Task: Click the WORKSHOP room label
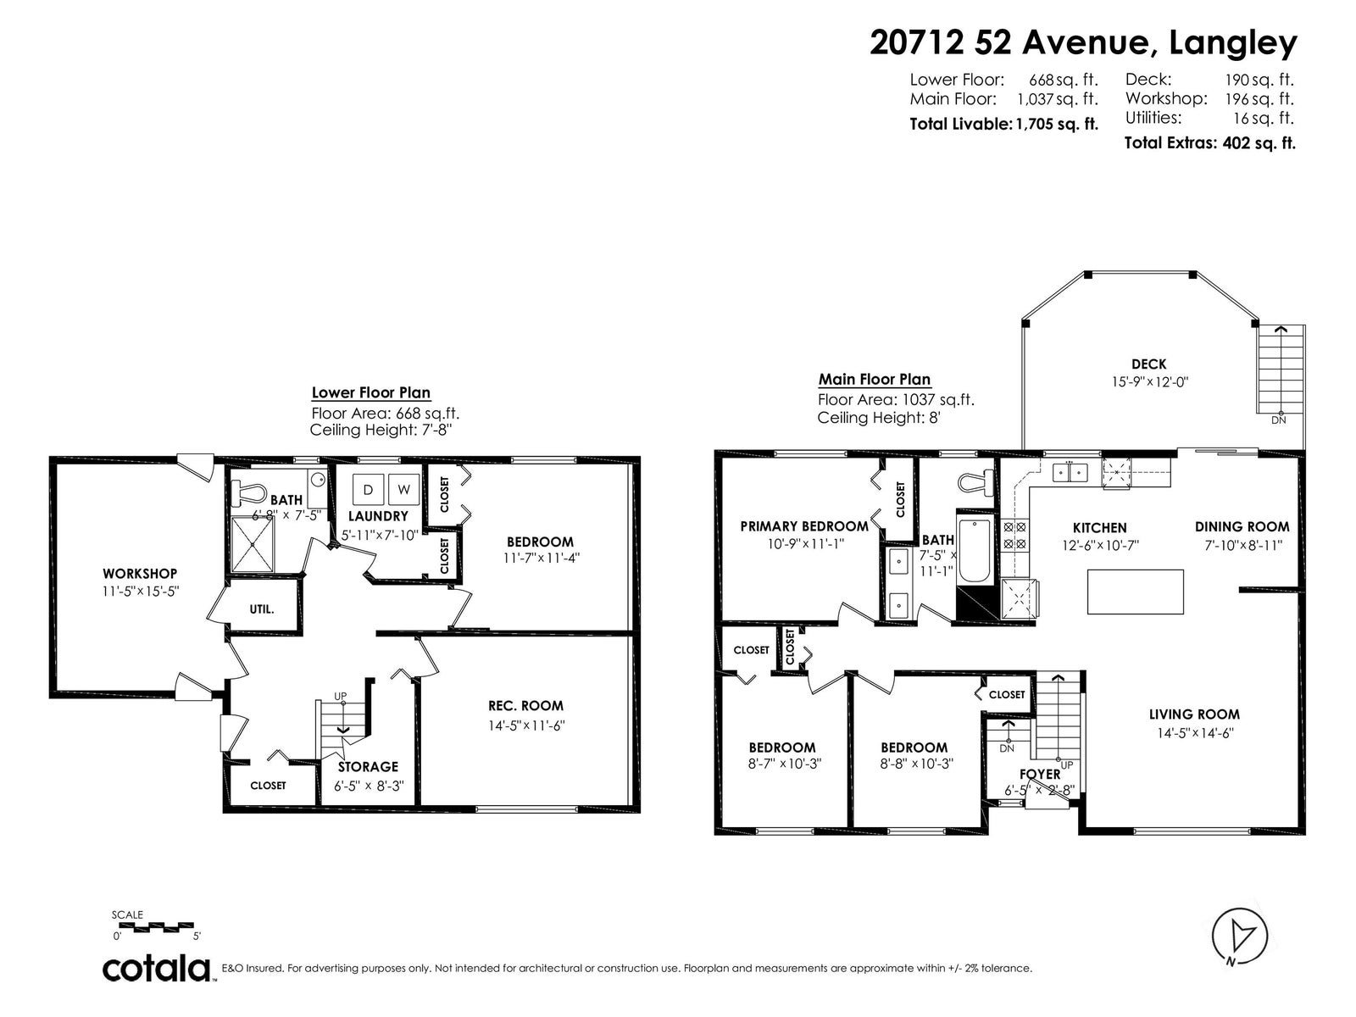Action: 140,574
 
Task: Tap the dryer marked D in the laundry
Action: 368,490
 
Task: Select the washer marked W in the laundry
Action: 404,490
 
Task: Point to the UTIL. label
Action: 262,609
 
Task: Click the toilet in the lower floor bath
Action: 252,492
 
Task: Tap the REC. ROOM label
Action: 525,706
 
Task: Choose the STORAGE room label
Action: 368,767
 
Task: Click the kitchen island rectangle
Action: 1136,592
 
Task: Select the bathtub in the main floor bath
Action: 975,551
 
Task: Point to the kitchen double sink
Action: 1070,473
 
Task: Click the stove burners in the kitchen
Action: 1015,536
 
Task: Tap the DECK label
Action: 1149,364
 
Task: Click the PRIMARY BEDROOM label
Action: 803,526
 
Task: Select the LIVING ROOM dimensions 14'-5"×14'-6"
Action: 1195,733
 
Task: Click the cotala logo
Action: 156,969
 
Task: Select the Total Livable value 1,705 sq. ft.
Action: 1057,124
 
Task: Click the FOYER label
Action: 1040,775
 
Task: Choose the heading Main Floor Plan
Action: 874,380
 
